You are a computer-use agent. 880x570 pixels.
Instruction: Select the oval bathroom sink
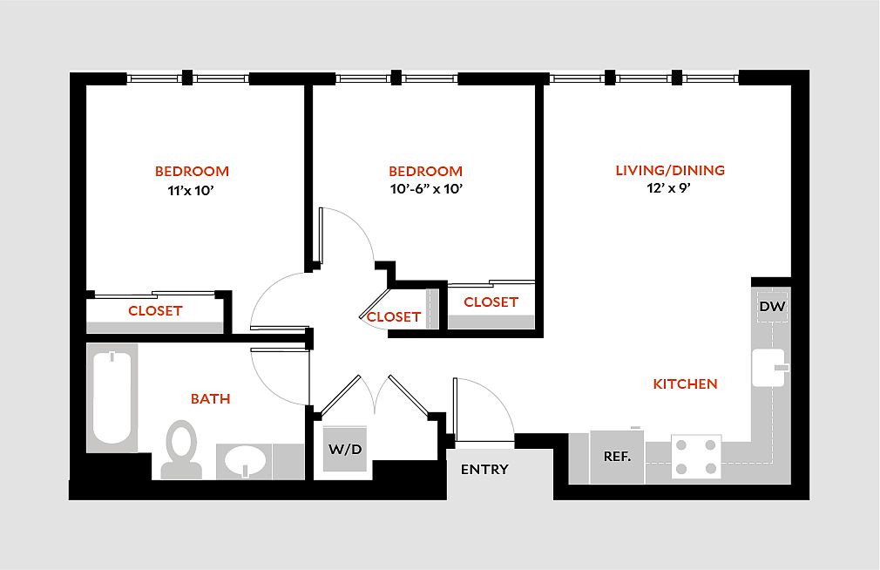(244, 459)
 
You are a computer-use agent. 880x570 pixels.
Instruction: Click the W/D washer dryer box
(345, 450)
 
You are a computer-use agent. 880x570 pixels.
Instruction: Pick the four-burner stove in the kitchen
(696, 456)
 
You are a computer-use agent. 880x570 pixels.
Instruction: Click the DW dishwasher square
(772, 307)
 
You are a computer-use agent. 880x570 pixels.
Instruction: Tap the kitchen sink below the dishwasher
(770, 368)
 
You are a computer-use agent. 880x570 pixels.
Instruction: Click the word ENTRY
(484, 470)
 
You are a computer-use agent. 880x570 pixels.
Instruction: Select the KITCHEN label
(686, 383)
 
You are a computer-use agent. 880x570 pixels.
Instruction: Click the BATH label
(211, 399)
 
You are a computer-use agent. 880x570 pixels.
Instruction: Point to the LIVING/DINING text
(670, 171)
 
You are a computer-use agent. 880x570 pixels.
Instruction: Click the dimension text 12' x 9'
(670, 187)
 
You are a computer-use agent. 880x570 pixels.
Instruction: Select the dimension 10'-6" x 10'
(425, 188)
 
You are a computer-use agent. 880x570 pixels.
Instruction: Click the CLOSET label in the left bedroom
(155, 311)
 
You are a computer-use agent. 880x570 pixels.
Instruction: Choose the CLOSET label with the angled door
(394, 317)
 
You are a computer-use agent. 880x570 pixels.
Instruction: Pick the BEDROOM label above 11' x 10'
(192, 171)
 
